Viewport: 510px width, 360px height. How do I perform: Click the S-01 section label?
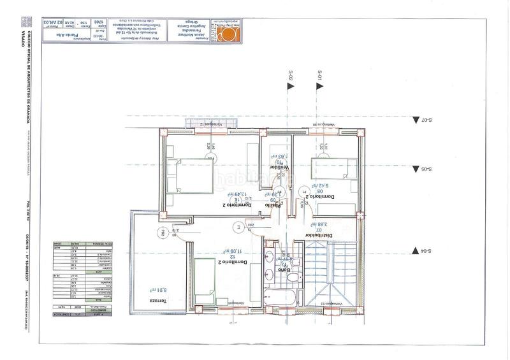(x=320, y=78)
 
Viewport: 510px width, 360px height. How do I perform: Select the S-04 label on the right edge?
(x=426, y=251)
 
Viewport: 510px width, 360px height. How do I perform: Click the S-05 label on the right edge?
(x=426, y=169)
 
